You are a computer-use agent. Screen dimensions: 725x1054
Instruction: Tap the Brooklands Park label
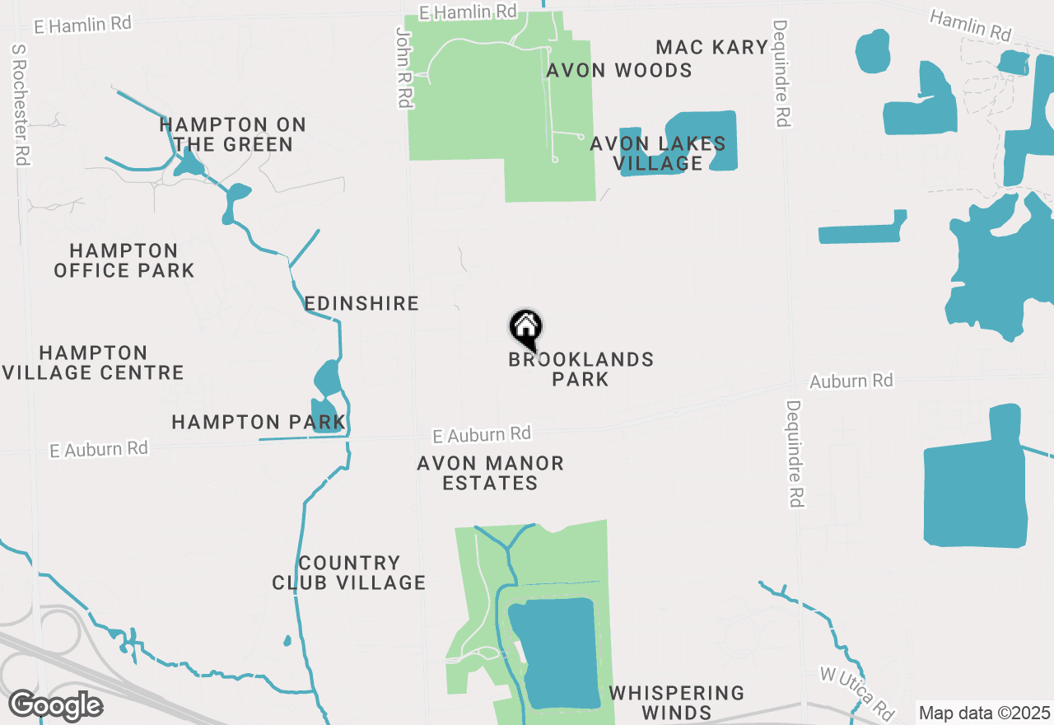pyautogui.click(x=581, y=369)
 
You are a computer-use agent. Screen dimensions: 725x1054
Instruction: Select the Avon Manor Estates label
pyautogui.click(x=491, y=473)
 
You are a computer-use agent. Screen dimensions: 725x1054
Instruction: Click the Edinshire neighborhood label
pyautogui.click(x=361, y=303)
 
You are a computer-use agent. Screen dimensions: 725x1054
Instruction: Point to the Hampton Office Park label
pyautogui.click(x=124, y=260)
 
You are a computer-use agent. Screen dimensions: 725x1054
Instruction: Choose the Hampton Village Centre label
pyautogui.click(x=93, y=362)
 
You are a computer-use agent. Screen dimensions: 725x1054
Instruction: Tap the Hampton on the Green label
pyautogui.click(x=233, y=134)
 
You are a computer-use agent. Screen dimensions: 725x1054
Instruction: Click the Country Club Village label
pyautogui.click(x=349, y=573)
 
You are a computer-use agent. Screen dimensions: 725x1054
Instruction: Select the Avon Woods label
pyautogui.click(x=619, y=70)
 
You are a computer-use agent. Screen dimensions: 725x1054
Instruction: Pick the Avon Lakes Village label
pyautogui.click(x=658, y=153)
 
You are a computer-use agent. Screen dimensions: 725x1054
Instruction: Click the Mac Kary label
pyautogui.click(x=712, y=47)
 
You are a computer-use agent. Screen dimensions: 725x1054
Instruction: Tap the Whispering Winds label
pyautogui.click(x=677, y=702)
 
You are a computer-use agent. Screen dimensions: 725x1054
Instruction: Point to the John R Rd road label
pyautogui.click(x=403, y=68)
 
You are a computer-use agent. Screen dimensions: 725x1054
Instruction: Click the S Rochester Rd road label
pyautogui.click(x=21, y=105)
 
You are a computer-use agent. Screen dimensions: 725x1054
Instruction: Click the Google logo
pyautogui.click(x=55, y=706)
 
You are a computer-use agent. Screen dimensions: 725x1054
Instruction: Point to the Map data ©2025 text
pyautogui.click(x=984, y=712)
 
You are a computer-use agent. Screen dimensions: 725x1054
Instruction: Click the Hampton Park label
pyautogui.click(x=258, y=423)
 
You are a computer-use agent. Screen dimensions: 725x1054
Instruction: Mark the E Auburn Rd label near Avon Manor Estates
pyautogui.click(x=483, y=433)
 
